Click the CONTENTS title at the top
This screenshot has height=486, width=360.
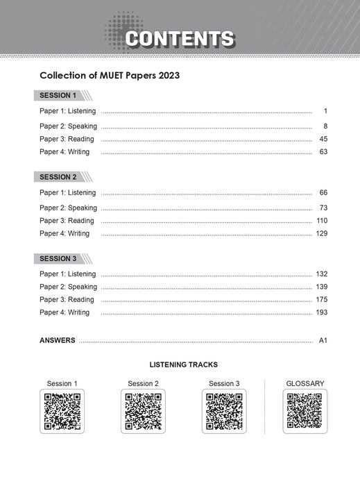[x=180, y=38]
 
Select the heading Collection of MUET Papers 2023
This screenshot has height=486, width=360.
[x=110, y=74]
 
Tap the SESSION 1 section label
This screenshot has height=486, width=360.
[x=58, y=95]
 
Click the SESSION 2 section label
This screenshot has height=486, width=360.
[x=58, y=177]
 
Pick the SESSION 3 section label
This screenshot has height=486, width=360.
[x=58, y=258]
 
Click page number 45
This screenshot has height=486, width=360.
[x=323, y=139]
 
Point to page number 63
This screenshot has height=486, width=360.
[x=323, y=152]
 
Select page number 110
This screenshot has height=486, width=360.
[x=321, y=221]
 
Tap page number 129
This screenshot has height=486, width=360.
[x=321, y=233]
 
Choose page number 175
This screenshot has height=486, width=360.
[x=321, y=300]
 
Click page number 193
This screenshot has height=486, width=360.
[x=321, y=312]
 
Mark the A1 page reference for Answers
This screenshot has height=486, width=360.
[x=323, y=341]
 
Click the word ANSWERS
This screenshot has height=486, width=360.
[x=58, y=341]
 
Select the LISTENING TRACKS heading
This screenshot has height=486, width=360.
[x=183, y=364]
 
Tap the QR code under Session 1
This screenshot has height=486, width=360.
[x=62, y=411]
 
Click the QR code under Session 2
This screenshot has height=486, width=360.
[x=144, y=411]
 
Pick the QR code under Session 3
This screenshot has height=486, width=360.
[x=224, y=411]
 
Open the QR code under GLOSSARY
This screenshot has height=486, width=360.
[x=305, y=411]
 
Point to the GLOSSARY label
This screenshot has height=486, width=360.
[x=305, y=383]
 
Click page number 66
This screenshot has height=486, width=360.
[x=323, y=192]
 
